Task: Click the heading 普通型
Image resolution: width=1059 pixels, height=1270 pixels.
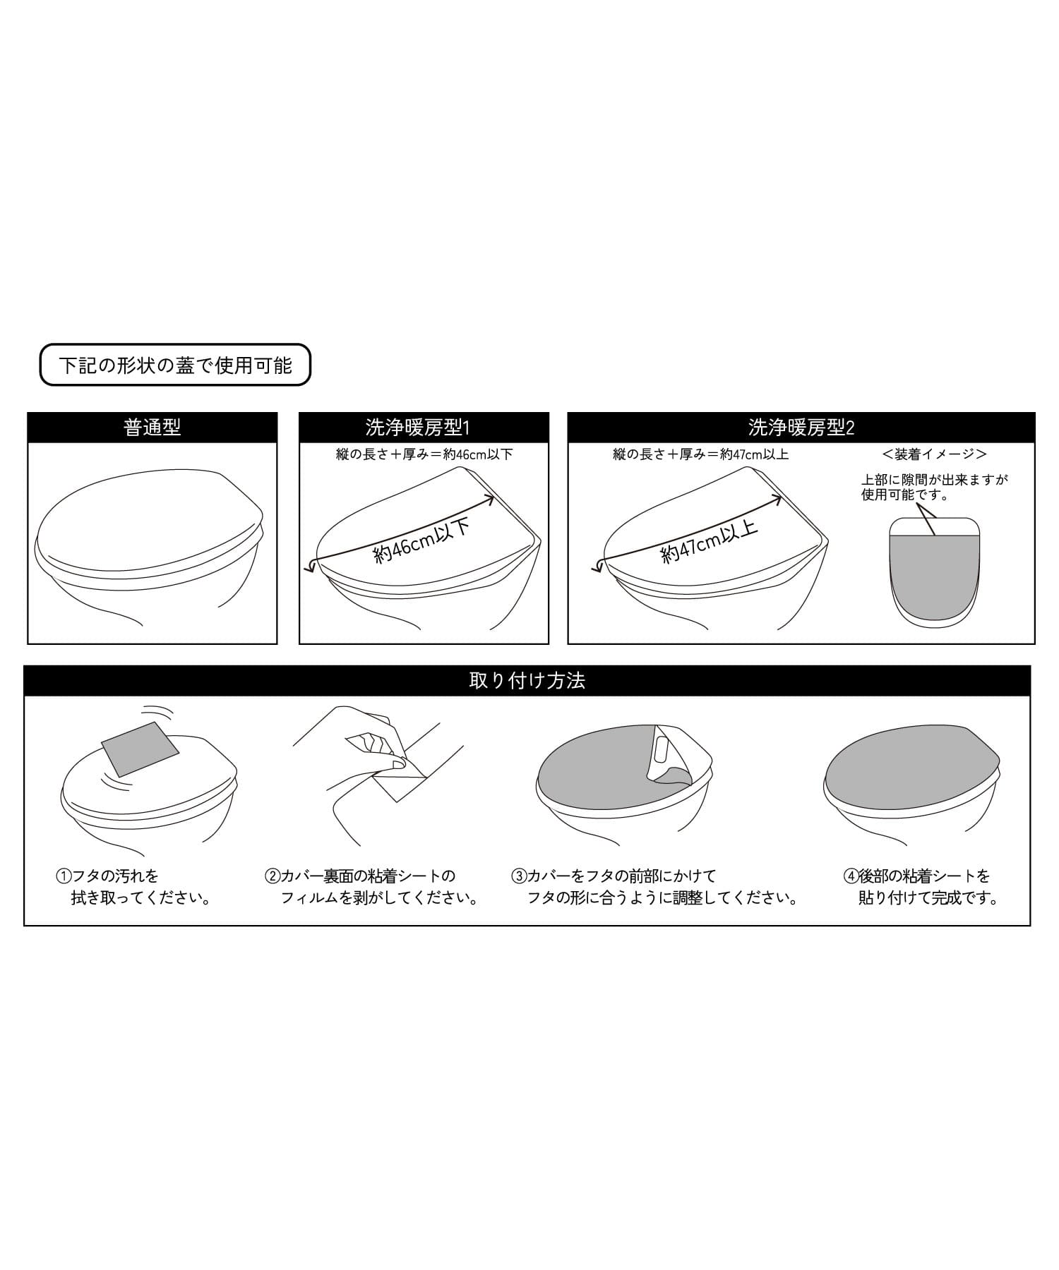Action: point(152,428)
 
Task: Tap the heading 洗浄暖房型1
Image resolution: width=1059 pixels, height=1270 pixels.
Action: point(418,428)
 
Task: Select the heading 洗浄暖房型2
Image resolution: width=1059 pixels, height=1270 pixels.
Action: point(801,428)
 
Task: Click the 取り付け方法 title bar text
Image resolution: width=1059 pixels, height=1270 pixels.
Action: point(527,681)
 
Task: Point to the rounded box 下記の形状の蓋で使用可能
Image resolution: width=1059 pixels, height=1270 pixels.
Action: point(175,365)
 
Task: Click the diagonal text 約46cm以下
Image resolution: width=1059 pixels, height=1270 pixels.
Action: point(422,542)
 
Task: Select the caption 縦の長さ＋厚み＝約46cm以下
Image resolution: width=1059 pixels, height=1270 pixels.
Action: point(424,454)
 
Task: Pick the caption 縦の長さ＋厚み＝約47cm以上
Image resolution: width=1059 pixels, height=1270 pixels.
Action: point(700,454)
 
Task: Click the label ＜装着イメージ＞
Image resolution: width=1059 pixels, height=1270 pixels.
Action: point(934,454)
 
